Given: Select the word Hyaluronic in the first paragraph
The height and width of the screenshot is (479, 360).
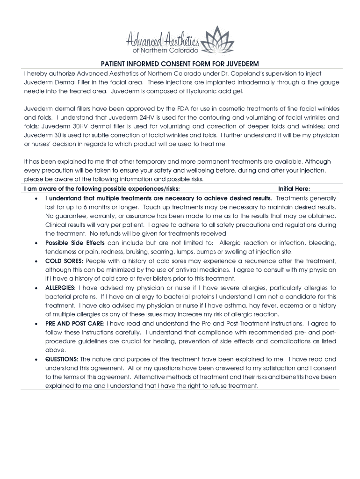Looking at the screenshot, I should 187,91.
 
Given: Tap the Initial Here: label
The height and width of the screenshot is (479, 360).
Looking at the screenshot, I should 297,189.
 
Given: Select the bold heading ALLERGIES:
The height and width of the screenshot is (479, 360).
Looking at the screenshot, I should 60,288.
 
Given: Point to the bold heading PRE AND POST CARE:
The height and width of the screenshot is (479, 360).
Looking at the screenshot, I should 75,323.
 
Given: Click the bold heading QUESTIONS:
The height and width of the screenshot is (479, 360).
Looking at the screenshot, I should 62,359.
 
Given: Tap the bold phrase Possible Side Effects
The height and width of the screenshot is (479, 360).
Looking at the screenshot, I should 75,243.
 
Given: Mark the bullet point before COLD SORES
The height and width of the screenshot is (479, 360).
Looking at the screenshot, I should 36,261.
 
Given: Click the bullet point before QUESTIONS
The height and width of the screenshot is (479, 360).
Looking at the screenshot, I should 36,360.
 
